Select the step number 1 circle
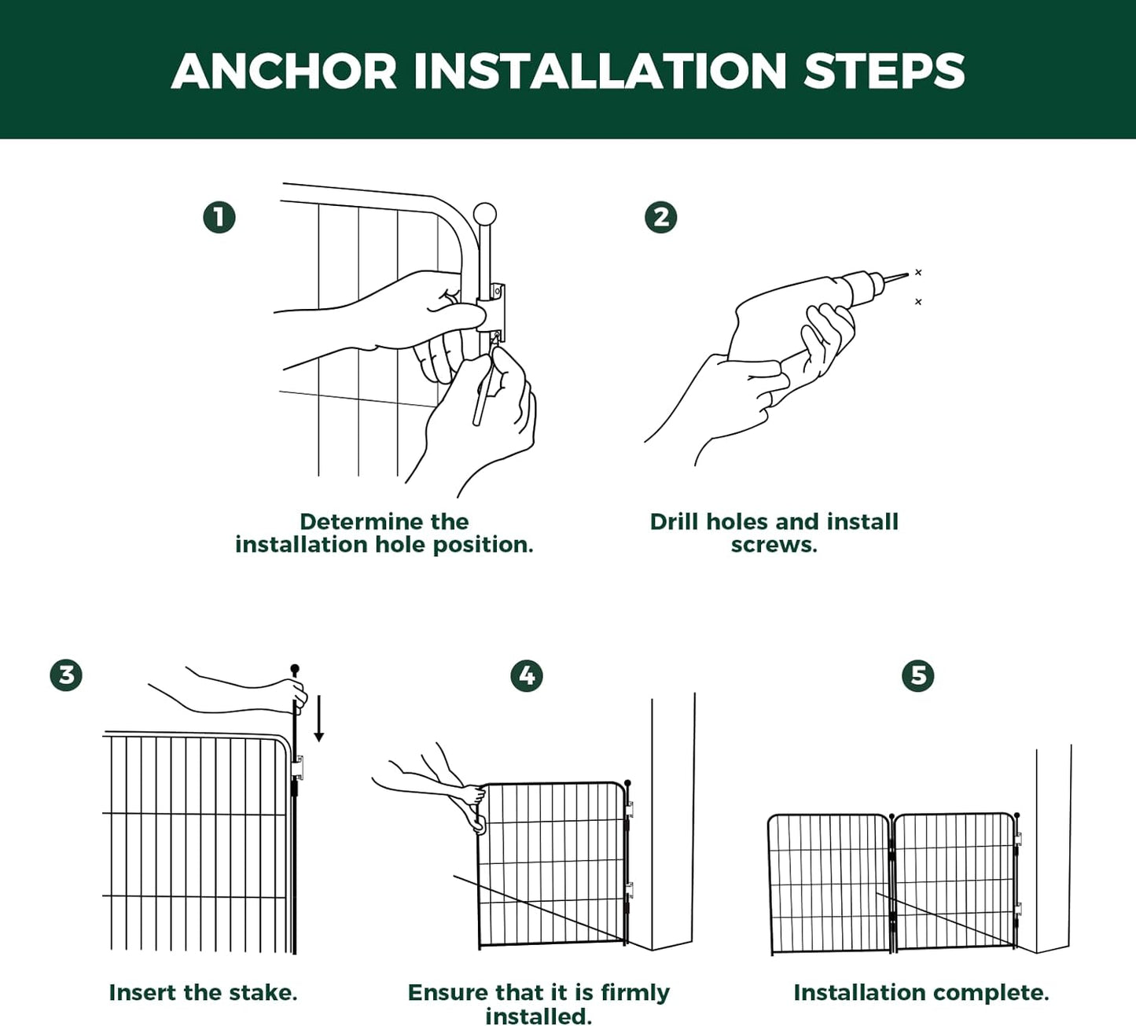219,218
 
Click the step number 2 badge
661,218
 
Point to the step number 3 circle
66,675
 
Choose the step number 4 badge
527,675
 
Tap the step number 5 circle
918,675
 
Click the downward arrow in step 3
319,719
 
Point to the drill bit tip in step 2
908,274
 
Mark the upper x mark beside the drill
918,273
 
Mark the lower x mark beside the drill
918,302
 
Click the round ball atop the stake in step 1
485,215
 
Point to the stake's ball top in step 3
295,668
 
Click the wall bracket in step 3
297,767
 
